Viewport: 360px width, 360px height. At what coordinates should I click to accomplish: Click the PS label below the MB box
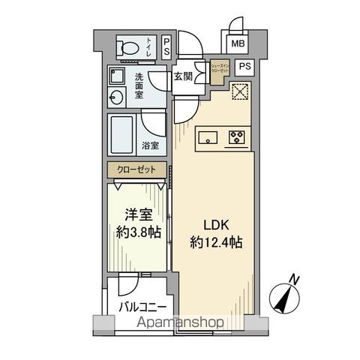click(244, 67)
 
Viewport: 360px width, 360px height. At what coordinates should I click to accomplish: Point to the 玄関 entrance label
click(184, 76)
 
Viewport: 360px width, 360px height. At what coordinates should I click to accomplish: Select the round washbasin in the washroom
click(116, 97)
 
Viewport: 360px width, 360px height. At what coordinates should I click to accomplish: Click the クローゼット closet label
click(136, 170)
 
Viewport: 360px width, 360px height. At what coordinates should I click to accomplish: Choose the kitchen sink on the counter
click(208, 137)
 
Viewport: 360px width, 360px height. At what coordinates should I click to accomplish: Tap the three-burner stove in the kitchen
click(237, 137)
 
